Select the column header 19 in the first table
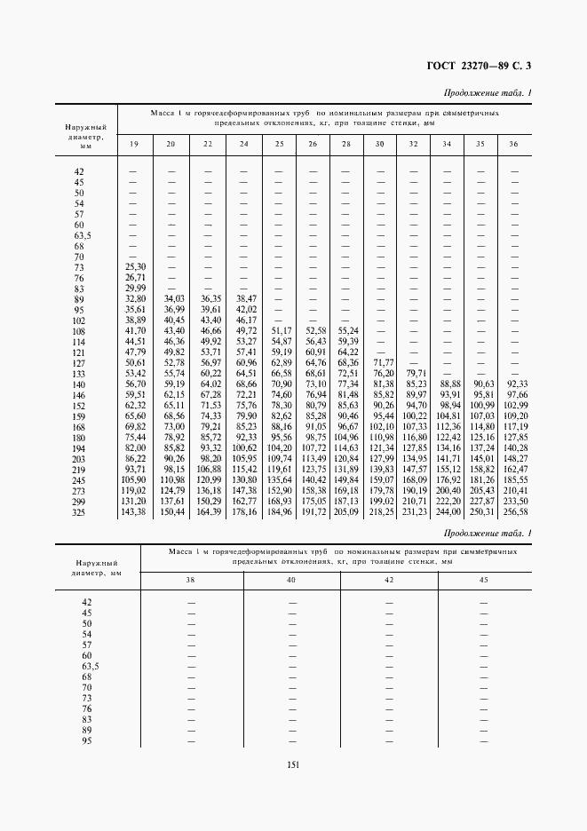[135, 144]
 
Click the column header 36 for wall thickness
[514, 144]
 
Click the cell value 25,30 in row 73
[135, 266]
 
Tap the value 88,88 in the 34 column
[448, 384]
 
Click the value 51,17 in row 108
[281, 330]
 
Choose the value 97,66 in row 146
[515, 394]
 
